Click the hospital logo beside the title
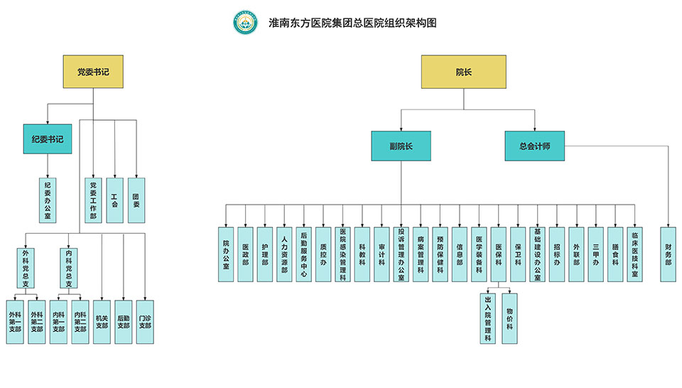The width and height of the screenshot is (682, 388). coord(244,23)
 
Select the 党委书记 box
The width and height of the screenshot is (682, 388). coord(93,72)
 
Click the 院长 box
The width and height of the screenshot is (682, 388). coord(463,72)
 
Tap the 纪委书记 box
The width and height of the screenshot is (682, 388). coord(47,139)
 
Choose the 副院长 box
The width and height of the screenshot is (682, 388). coord(401,146)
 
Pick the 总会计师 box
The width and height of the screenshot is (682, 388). coord(535,146)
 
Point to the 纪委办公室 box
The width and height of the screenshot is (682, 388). coord(48,200)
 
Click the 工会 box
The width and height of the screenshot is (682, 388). coord(115,200)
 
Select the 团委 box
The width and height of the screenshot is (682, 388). coord(136,200)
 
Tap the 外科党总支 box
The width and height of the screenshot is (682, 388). coord(26,268)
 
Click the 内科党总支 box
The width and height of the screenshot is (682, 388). coord(69,268)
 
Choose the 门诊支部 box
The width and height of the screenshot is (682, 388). coord(145,322)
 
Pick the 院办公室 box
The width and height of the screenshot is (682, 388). coord(226,254)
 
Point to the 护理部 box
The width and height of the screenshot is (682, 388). coord(265,254)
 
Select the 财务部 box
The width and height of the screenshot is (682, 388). coord(669,254)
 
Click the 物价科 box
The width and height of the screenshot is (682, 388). coord(509,318)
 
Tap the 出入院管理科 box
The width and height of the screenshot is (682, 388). coord(488,318)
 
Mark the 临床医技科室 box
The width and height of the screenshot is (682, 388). coord(635,254)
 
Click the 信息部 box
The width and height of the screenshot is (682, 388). coord(460,254)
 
